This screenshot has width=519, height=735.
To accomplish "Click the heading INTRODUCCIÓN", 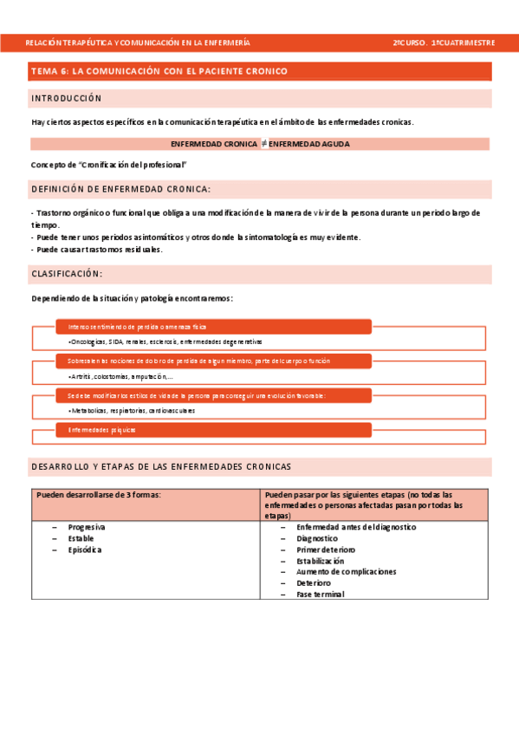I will pos(67,99).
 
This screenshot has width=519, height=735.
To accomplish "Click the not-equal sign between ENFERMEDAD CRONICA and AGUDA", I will pos(263,144).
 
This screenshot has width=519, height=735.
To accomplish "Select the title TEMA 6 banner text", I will pos(159,71).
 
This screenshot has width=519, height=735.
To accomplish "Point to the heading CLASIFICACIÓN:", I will pos(67,274).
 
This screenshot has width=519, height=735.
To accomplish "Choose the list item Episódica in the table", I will pos(85,550).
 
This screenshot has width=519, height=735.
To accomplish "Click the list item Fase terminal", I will pos(320,595).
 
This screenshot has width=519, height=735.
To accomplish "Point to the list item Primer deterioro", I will pos(325,550).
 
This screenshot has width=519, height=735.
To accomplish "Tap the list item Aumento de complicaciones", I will pos(346,572).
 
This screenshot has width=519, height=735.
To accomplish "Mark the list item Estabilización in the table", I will pos(326,561).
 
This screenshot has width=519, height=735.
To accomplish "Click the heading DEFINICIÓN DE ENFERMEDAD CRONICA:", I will pos(120,189).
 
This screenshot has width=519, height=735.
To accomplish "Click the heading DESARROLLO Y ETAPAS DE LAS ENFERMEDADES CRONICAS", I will pos(161,466).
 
